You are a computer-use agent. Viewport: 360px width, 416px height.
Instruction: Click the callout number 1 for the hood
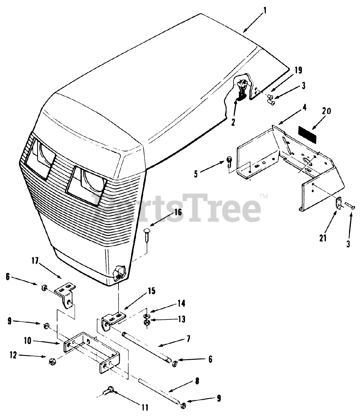(265, 11)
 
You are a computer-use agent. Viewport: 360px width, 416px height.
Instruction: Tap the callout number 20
(326, 111)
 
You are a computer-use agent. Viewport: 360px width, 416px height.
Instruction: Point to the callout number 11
(145, 407)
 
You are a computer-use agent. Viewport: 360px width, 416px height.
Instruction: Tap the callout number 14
(181, 304)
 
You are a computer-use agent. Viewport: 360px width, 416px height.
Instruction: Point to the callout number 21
(322, 238)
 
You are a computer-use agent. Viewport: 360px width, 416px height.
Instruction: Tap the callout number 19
(298, 70)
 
